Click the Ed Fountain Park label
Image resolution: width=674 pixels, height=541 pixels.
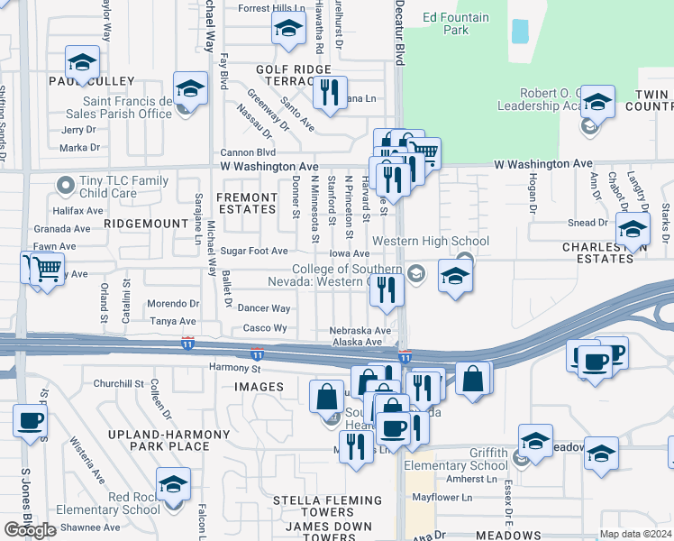[x=457, y=23]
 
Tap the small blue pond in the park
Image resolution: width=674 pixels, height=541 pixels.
[x=520, y=32]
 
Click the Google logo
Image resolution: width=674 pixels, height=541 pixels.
[x=30, y=530]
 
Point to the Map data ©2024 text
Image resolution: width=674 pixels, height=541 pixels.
[x=635, y=534]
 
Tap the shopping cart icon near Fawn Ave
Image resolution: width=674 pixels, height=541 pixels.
[x=47, y=269]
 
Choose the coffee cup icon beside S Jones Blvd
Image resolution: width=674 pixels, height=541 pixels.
[x=30, y=420]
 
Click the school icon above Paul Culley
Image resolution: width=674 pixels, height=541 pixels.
[x=82, y=63]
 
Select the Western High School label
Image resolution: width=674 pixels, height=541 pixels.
[x=431, y=241]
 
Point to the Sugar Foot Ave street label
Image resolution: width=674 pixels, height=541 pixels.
[x=254, y=252]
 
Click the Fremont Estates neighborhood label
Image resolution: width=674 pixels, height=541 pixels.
[x=247, y=203]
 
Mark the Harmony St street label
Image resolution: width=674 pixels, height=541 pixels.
[x=234, y=368]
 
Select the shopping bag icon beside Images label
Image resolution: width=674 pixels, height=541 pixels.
[x=326, y=396]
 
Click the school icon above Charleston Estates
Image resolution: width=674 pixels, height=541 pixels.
[x=633, y=228]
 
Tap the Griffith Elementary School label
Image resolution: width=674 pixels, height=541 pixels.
[x=475, y=459]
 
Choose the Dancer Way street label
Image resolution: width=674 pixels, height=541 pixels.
[x=263, y=308]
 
